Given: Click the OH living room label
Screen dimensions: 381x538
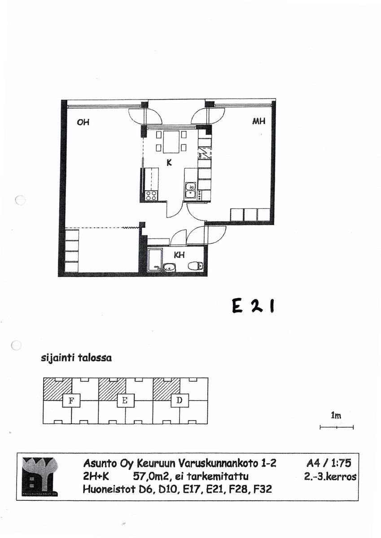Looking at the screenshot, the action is coord(83,122).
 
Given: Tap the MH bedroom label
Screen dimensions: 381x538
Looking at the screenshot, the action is coord(258,121).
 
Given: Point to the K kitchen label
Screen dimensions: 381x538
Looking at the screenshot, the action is coord(169,163).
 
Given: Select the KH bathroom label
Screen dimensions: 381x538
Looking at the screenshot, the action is coord(180,255).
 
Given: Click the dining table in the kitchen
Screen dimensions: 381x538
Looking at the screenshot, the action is coord(171,142).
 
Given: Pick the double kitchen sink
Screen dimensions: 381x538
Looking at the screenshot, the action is coord(190,191).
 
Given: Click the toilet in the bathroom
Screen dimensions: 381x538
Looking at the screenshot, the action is coord(195,266).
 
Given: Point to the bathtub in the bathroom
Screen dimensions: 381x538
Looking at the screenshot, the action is coord(154,261).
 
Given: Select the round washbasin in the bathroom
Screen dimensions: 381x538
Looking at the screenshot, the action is coord(170,267).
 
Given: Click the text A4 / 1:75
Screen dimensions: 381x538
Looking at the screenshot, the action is coord(329,463).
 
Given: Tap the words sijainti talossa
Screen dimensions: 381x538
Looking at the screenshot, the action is coord(76,358).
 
